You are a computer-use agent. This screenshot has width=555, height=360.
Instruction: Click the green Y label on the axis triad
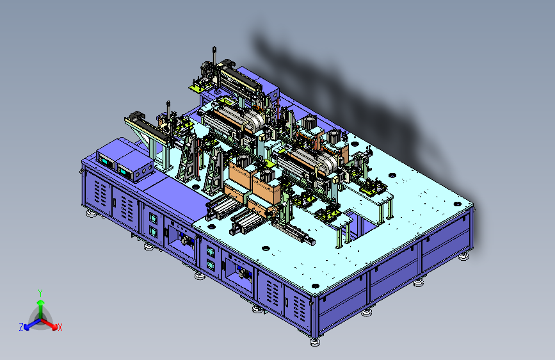pyautogui.click(x=40, y=293)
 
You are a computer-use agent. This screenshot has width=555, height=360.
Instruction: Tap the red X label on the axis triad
pyautogui.click(x=60, y=327)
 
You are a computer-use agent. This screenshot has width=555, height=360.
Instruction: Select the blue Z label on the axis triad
pyautogui.click(x=21, y=327)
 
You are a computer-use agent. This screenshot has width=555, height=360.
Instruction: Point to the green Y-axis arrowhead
pyautogui.click(x=41, y=302)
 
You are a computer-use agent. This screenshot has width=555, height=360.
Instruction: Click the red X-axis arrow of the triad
pyautogui.click(x=49, y=324)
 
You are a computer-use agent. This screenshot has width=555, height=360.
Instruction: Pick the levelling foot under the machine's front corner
pyautogui.click(x=315, y=342)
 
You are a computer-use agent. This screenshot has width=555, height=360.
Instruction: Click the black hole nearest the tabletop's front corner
pyautogui.click(x=315, y=286)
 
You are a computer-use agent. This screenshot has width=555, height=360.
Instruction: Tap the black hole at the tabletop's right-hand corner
pyautogui.click(x=457, y=204)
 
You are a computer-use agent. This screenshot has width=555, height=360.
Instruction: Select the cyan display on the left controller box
pyautogui.click(x=105, y=161)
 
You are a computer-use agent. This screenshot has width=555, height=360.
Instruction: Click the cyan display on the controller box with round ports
pyautogui.click(x=124, y=172)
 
